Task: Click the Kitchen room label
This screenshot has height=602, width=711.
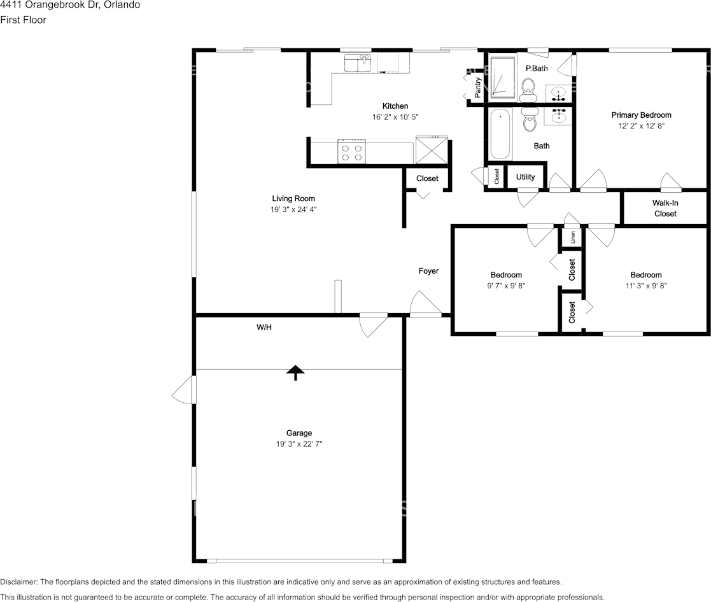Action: point(395,106)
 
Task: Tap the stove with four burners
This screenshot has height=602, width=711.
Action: point(352,152)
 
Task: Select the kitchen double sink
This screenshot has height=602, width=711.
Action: point(358,63)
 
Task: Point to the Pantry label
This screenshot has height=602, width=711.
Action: point(477,87)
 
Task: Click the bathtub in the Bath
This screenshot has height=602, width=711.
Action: point(500,134)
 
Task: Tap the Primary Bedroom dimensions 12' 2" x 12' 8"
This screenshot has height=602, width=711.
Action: point(641,126)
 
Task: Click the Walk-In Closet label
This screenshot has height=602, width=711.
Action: point(665,208)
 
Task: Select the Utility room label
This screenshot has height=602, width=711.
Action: point(525,177)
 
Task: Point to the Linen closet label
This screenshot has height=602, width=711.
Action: point(573,237)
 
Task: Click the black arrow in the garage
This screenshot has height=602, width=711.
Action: point(295,373)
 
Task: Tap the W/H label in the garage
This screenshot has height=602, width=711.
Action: point(264,327)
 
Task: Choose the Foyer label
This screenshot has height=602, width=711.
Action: point(428,271)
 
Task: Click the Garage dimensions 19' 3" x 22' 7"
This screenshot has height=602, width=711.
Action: point(299,444)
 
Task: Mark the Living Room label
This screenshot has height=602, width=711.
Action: point(293,199)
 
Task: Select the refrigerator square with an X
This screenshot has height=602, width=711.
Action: point(432,150)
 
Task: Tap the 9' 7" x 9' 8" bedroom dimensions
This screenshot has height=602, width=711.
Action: point(506,286)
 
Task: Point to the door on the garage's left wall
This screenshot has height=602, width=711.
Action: point(184,390)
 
